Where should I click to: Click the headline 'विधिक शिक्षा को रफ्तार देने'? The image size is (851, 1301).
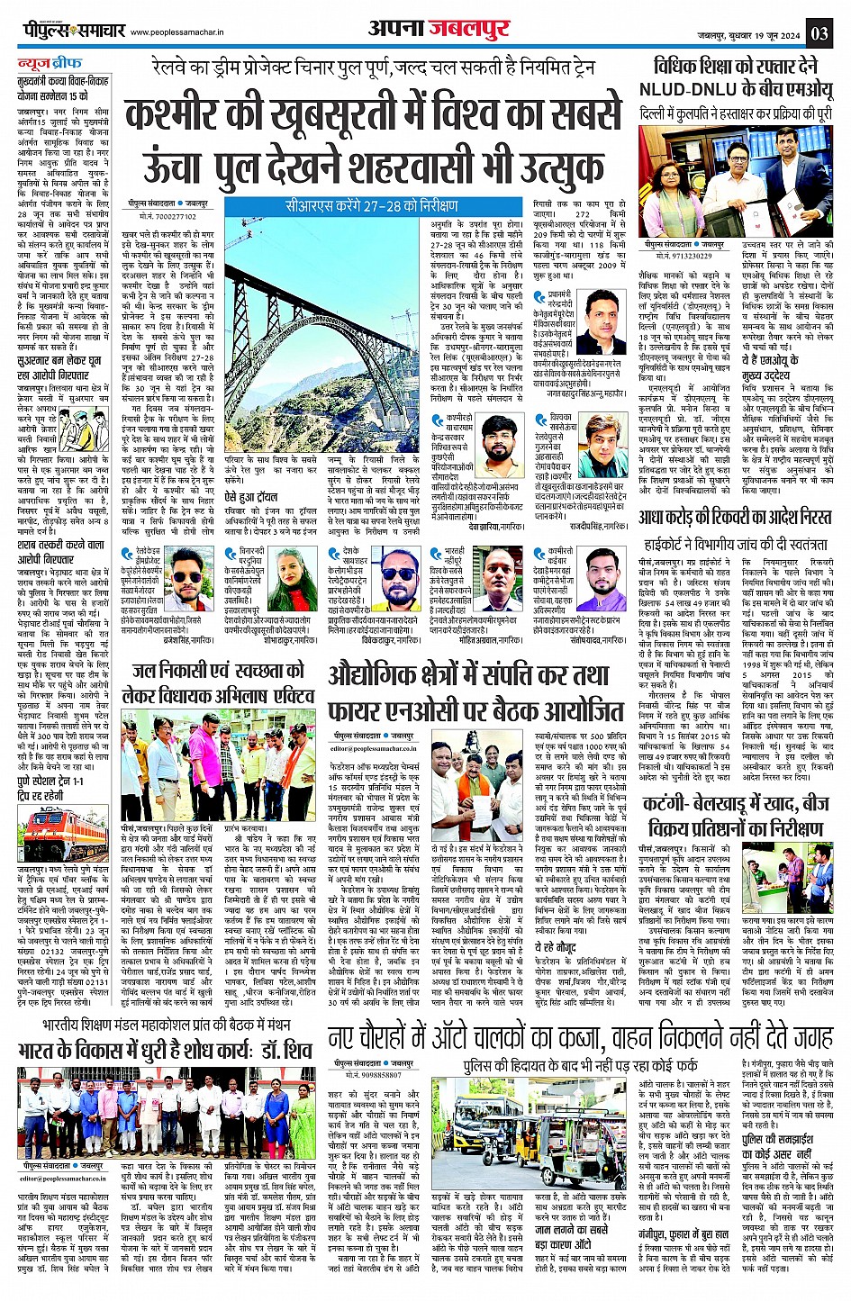pyautogui.click(x=735, y=66)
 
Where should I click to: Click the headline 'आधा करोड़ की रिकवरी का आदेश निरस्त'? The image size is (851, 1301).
pyautogui.click(x=735, y=519)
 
